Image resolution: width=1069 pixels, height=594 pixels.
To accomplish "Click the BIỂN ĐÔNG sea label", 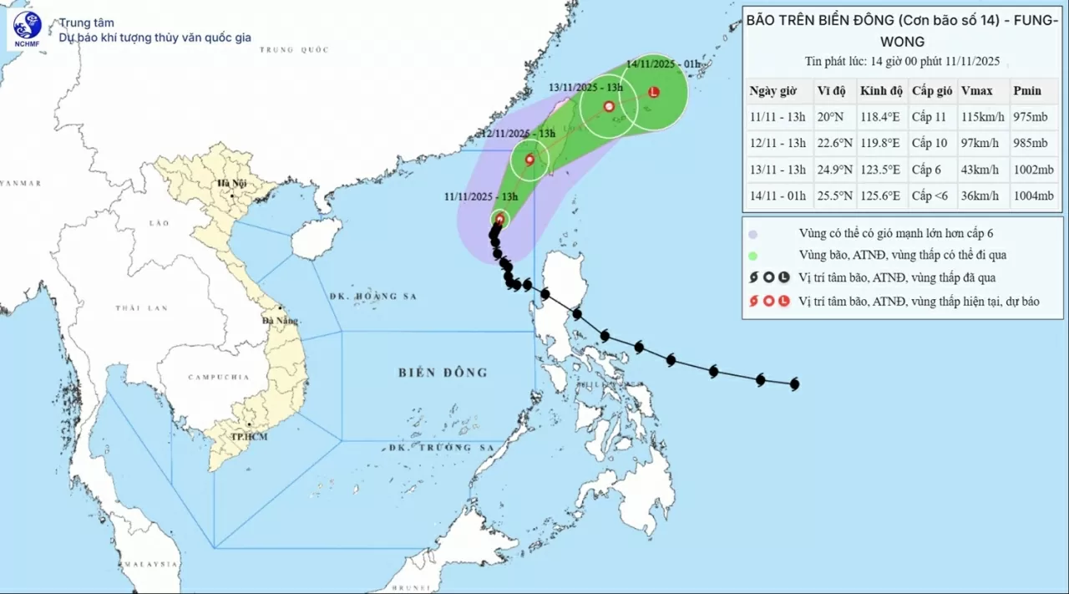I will [443, 373].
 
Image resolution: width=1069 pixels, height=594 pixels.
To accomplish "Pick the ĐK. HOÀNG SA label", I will [372, 297].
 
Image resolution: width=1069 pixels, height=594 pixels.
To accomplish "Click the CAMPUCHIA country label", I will [218, 378].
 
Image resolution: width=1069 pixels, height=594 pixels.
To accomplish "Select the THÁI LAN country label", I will [139, 308].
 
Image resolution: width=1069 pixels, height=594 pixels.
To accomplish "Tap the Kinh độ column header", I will [880, 91].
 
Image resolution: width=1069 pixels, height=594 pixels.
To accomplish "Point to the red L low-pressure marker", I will [654, 92].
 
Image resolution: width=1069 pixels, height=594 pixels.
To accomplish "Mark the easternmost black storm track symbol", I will [794, 384].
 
